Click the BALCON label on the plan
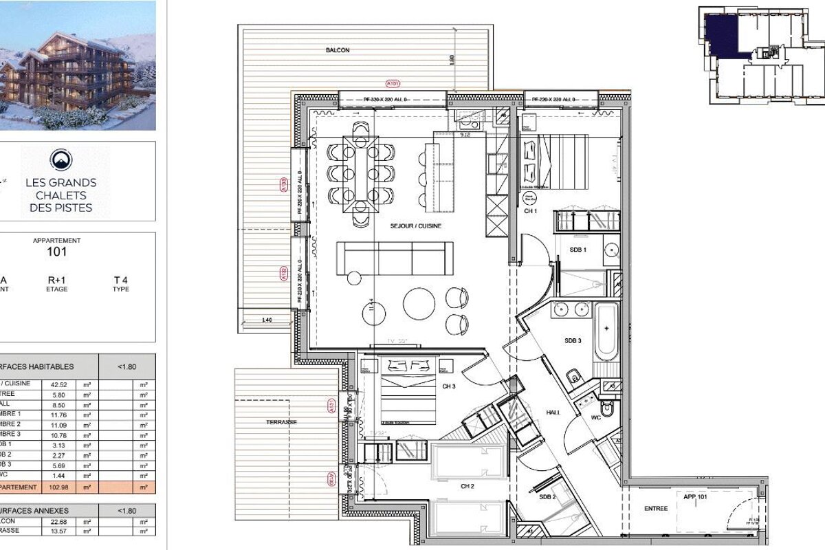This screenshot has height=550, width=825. click(338, 50)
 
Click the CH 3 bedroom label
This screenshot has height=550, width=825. click(449, 386)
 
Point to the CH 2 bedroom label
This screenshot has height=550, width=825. click(468, 486)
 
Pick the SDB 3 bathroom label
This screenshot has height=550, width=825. click(573, 341)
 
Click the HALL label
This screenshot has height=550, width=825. click(553, 412)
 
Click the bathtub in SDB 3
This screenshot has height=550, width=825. click(606, 332)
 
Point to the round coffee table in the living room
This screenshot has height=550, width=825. click(419, 303)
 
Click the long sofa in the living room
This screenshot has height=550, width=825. click(395, 258)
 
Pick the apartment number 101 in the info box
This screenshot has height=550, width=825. click(56, 252)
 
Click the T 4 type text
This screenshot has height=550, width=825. click(121, 280)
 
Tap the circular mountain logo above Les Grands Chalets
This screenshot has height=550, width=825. click(60, 160)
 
